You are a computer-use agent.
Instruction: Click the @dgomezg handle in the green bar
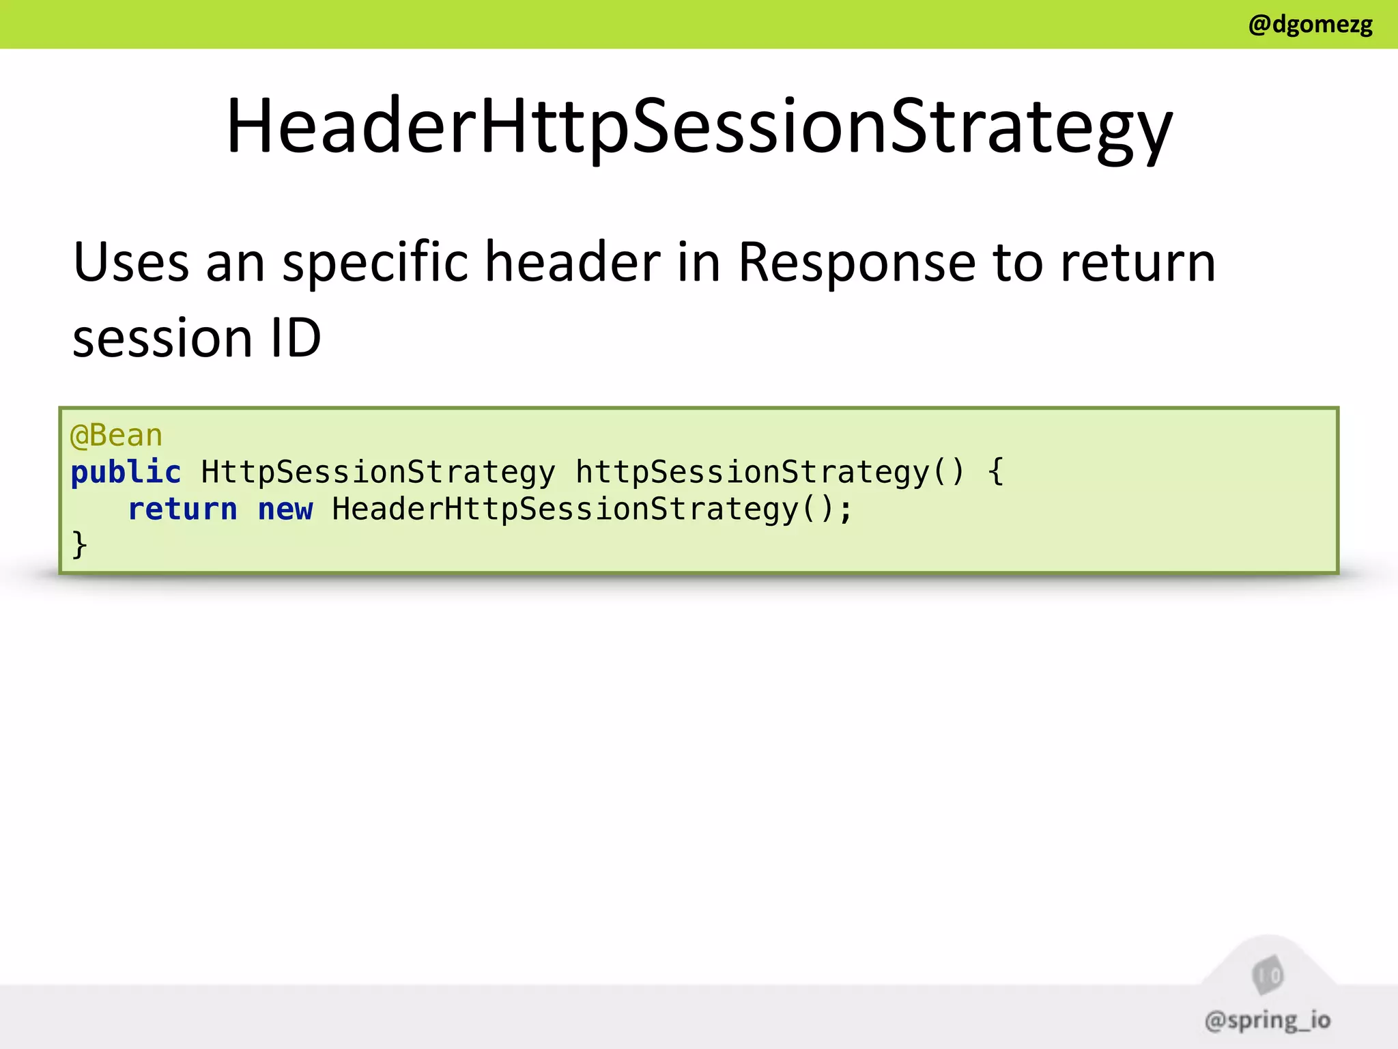(x=1309, y=25)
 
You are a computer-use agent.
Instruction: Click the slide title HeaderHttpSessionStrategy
(x=699, y=127)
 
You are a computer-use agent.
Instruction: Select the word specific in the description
(x=375, y=262)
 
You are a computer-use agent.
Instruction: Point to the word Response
(x=857, y=262)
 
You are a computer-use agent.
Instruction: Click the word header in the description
(x=572, y=262)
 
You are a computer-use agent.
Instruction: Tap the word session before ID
(x=162, y=339)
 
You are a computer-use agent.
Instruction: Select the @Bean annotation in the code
(x=116, y=436)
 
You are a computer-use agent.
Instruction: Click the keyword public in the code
(x=126, y=473)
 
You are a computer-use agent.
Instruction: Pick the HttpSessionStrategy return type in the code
(x=378, y=473)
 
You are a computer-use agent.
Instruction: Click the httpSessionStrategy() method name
(x=769, y=473)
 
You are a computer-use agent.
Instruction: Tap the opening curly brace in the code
(x=996, y=473)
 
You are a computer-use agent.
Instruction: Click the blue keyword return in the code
(x=182, y=509)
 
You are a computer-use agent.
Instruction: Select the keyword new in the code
(x=285, y=509)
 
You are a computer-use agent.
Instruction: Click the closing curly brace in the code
(x=79, y=545)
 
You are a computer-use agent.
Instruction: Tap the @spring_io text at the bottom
(x=1267, y=1020)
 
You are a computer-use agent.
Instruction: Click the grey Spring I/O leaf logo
(x=1268, y=975)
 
